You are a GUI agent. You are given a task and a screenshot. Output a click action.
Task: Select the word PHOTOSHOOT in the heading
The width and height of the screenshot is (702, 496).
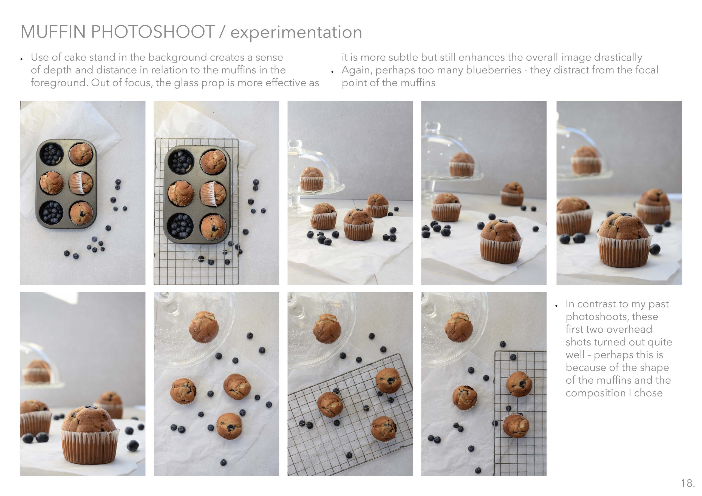(152, 32)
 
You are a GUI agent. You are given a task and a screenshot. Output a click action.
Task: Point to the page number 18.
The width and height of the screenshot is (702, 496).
(688, 483)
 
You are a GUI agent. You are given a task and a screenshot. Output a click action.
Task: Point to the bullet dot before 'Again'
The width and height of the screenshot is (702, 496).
(332, 72)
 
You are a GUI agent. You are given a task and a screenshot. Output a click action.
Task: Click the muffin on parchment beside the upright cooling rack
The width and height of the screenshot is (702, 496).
(465, 397)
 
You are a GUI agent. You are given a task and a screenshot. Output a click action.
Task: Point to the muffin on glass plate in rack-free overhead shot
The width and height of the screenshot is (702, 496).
(204, 327)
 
